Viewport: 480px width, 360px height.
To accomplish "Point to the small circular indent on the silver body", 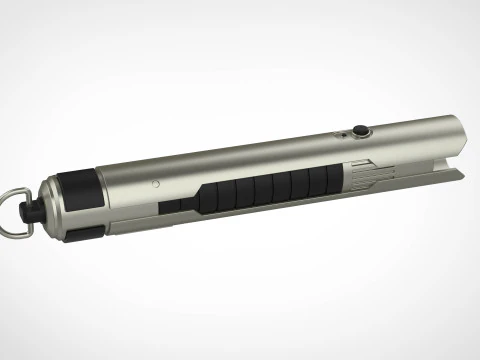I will pos(157,184).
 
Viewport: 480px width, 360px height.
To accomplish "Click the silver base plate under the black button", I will pos(359,136).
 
